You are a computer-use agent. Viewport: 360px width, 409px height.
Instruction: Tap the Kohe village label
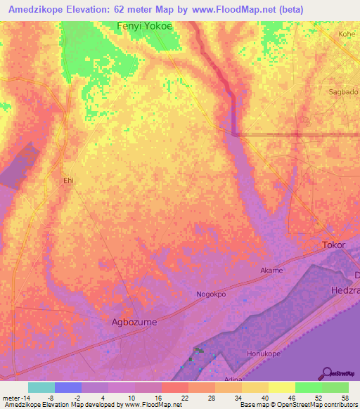(347, 33)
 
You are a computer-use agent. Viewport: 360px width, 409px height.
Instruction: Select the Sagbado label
(344, 92)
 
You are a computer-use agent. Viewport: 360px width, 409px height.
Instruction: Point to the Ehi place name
(68, 181)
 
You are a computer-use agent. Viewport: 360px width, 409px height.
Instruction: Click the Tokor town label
(333, 245)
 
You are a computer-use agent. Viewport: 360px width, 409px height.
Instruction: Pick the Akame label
(271, 271)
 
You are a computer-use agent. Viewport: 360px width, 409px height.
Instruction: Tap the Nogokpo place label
(211, 294)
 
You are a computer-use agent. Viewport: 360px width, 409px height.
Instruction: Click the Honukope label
(263, 353)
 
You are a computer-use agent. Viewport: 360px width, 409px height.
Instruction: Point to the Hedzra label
(345, 290)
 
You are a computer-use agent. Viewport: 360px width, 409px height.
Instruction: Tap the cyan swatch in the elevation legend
(41, 387)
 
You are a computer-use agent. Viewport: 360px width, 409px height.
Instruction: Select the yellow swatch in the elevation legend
(281, 387)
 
